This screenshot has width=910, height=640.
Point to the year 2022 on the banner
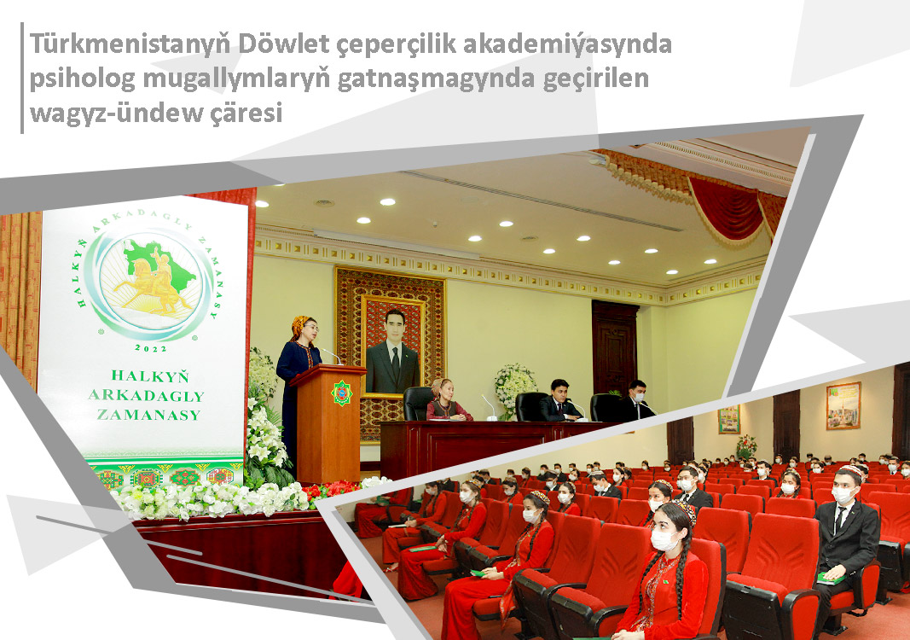pyautogui.click(x=151, y=348)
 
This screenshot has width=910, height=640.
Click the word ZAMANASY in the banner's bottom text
pyautogui.click(x=148, y=415)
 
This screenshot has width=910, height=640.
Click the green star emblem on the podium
pyautogui.click(x=341, y=393)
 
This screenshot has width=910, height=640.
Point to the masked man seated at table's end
pyautogui.click(x=636, y=401)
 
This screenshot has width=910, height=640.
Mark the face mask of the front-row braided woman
pyautogui.click(x=663, y=539)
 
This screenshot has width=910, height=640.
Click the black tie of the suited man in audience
pyautogui.click(x=838, y=521)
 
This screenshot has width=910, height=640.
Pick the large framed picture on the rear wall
pyautogui.click(x=843, y=405)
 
